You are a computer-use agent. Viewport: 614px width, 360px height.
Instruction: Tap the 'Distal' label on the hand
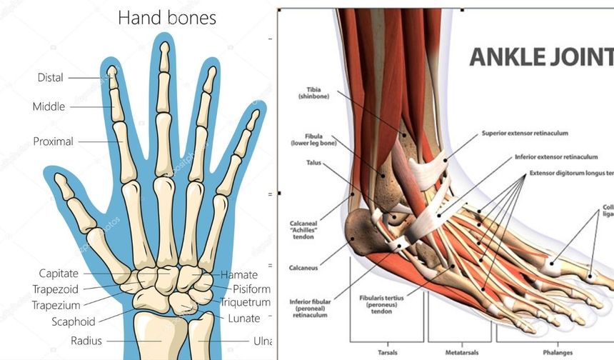[x=51, y=77]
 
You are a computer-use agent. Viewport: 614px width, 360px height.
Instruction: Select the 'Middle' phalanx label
[x=49, y=106]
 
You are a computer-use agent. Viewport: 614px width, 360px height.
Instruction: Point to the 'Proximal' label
[x=53, y=141]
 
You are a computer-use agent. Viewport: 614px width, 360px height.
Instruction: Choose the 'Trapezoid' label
[x=55, y=289]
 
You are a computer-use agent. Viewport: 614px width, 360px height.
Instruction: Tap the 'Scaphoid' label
[x=73, y=321]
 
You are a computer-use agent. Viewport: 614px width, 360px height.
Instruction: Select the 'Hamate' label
[x=239, y=274]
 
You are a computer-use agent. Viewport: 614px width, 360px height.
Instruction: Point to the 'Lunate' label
[x=243, y=319]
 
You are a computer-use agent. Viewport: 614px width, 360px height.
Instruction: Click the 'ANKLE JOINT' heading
[x=540, y=57]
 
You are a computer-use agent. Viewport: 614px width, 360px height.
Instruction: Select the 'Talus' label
[x=313, y=163]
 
